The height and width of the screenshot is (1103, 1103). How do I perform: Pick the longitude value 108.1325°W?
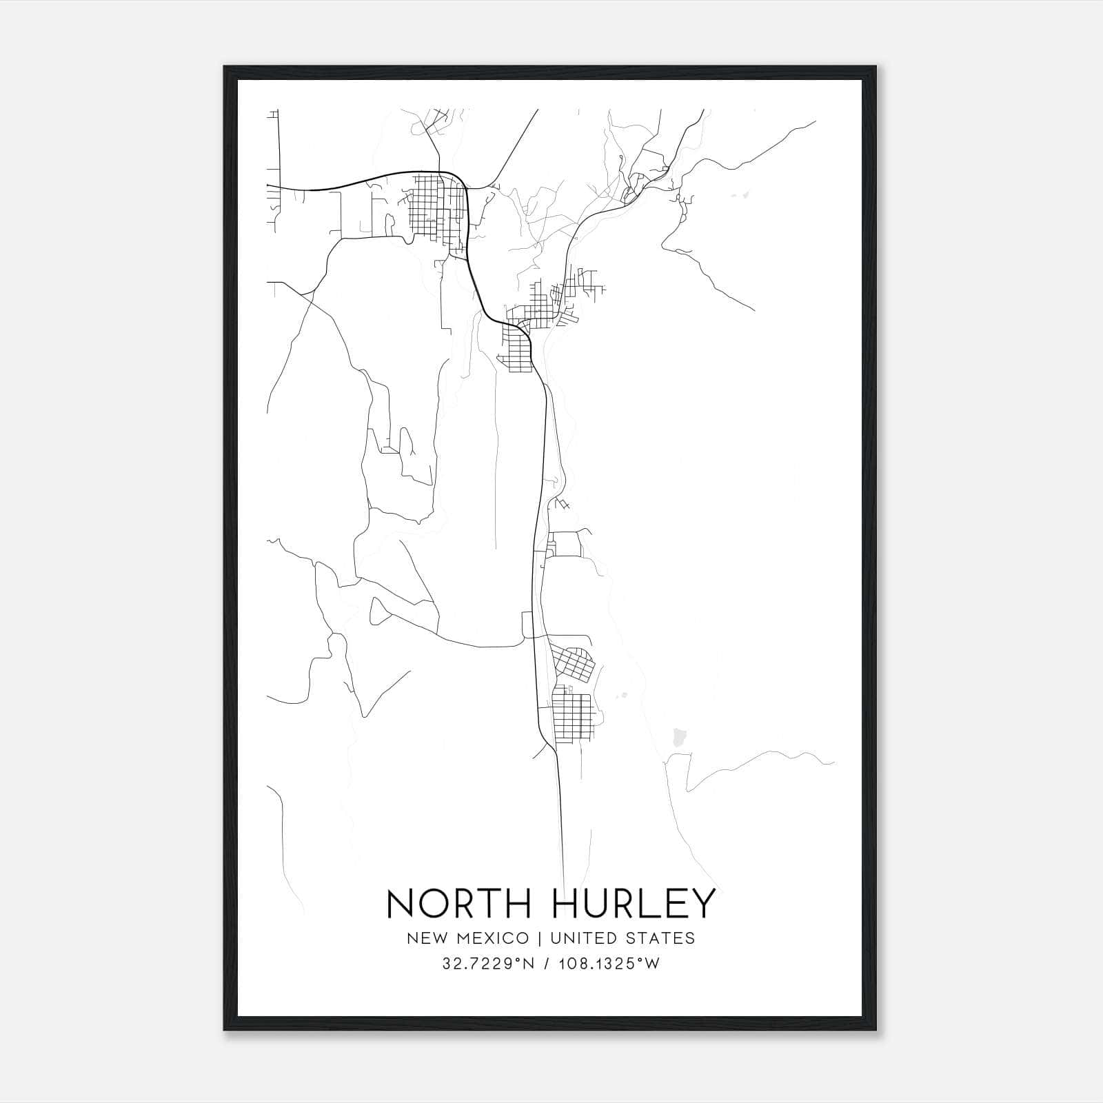(x=609, y=964)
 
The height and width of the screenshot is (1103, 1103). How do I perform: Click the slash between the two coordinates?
(x=547, y=964)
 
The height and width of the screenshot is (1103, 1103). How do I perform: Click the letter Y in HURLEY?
(x=702, y=904)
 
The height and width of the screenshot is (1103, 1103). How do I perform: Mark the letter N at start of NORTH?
(x=400, y=904)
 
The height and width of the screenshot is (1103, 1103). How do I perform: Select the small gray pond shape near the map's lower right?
(x=679, y=738)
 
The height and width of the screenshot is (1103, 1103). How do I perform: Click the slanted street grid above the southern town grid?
(x=573, y=662)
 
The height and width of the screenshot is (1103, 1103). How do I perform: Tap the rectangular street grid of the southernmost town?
(x=572, y=717)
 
